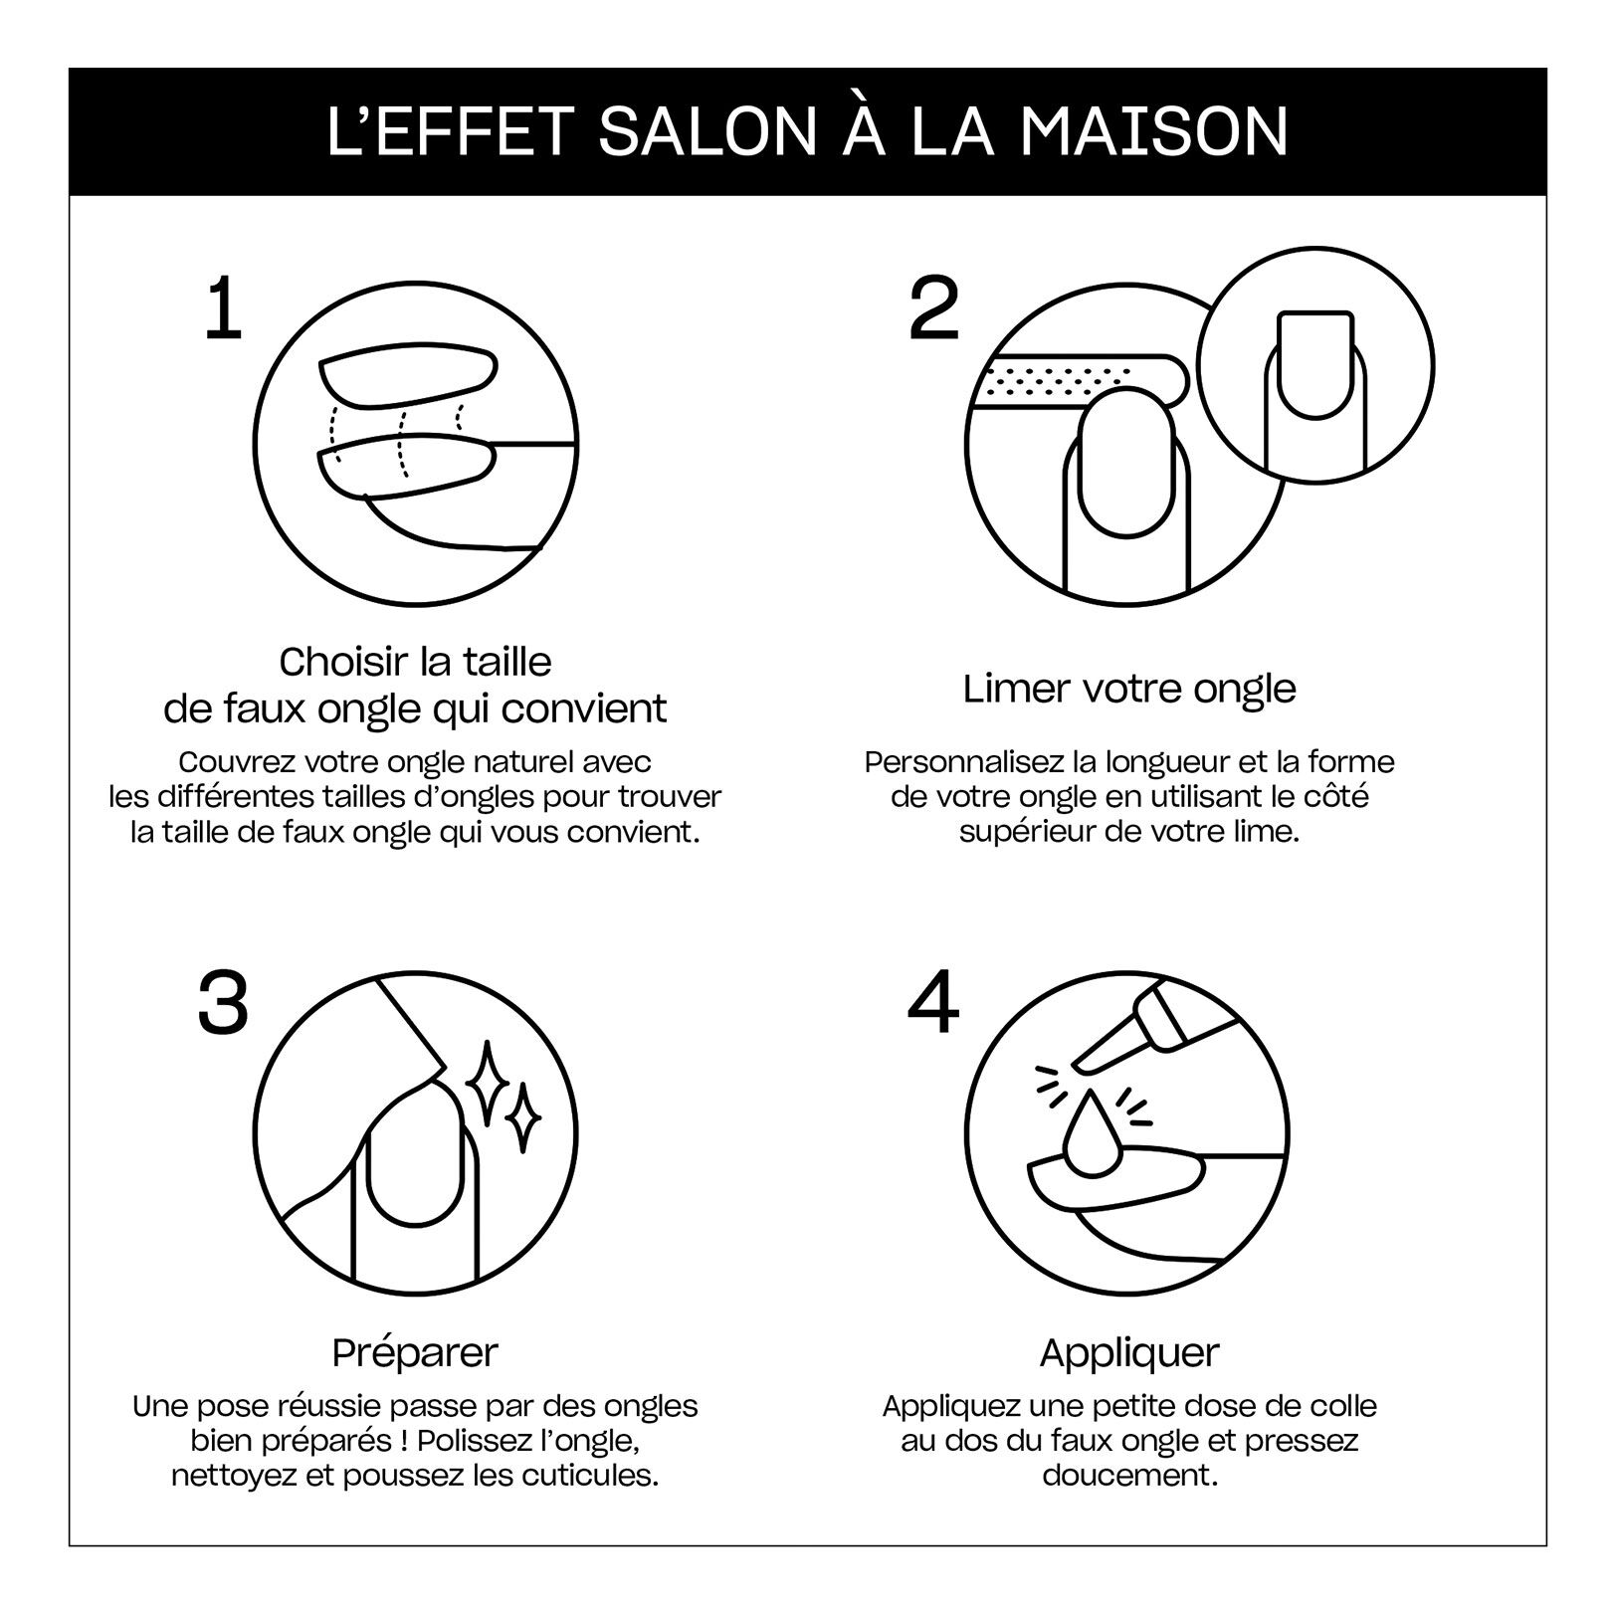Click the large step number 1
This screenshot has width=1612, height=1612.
pos(223,309)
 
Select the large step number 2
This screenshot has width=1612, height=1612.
pos(935,309)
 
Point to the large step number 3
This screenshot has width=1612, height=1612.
pos(223,1003)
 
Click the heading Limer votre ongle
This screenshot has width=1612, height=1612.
pos(1129,689)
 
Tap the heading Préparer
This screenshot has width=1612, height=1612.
pos(415,1352)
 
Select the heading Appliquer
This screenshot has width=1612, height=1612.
pos(1129,1352)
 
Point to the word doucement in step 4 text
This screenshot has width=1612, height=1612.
pos(1129,1474)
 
